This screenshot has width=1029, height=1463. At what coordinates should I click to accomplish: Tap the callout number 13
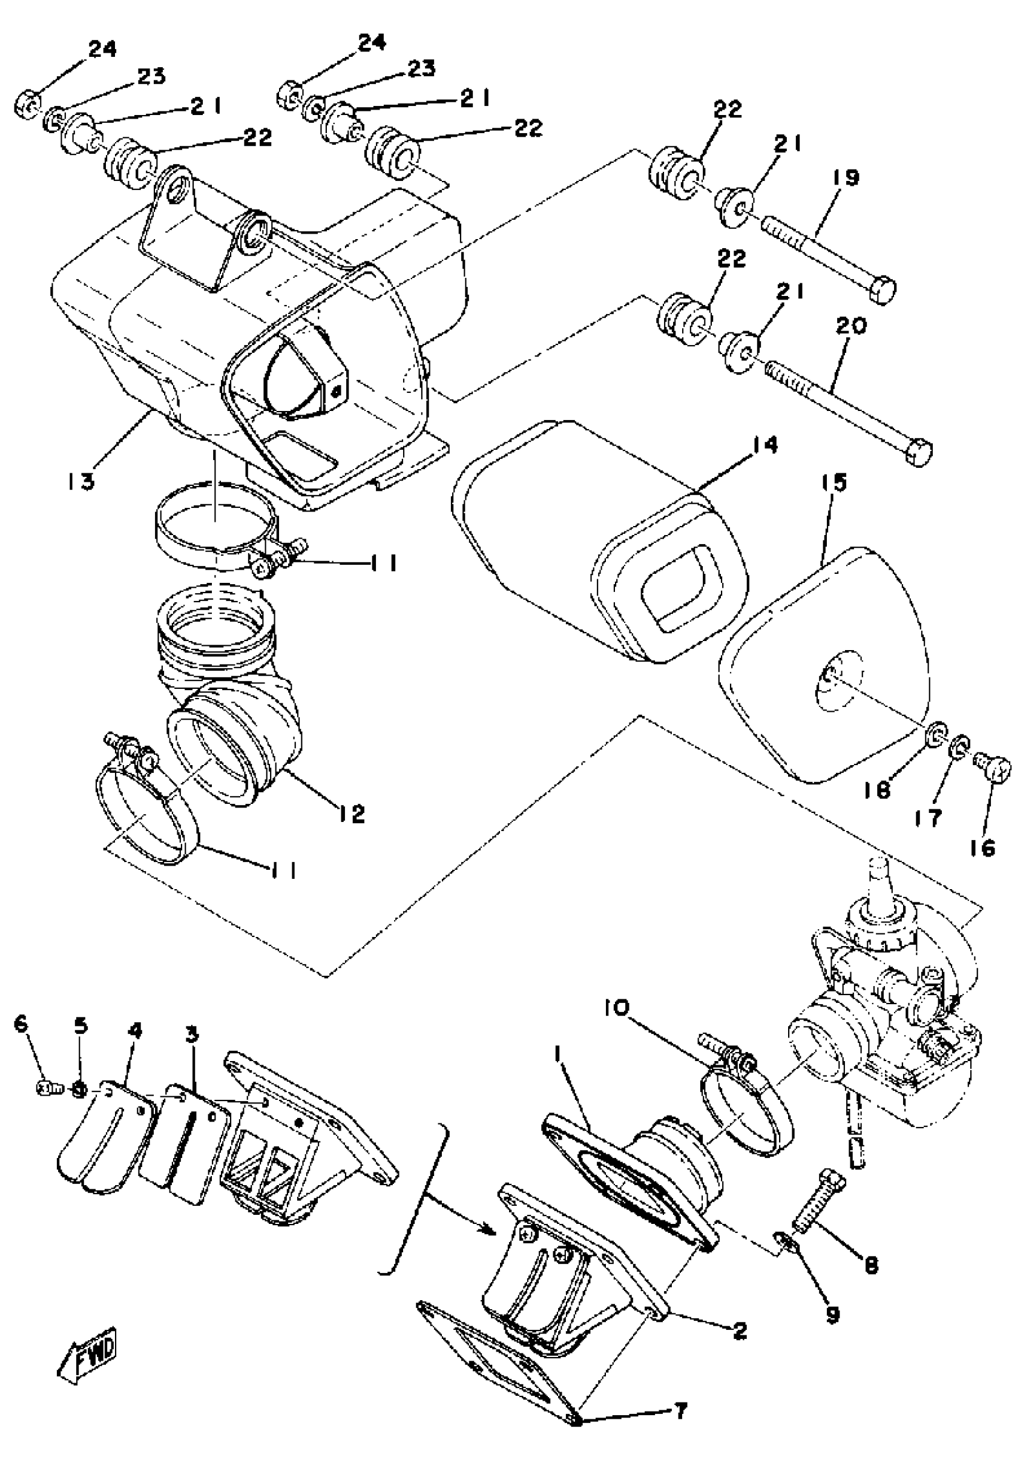tap(81, 481)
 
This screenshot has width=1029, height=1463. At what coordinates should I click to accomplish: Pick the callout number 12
tap(351, 812)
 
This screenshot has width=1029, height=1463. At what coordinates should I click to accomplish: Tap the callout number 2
tap(740, 1330)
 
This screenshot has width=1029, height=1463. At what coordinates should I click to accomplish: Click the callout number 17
tap(929, 818)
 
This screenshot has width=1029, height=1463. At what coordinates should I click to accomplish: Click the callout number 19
tap(846, 178)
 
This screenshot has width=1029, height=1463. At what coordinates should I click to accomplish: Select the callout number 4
tap(134, 1030)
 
